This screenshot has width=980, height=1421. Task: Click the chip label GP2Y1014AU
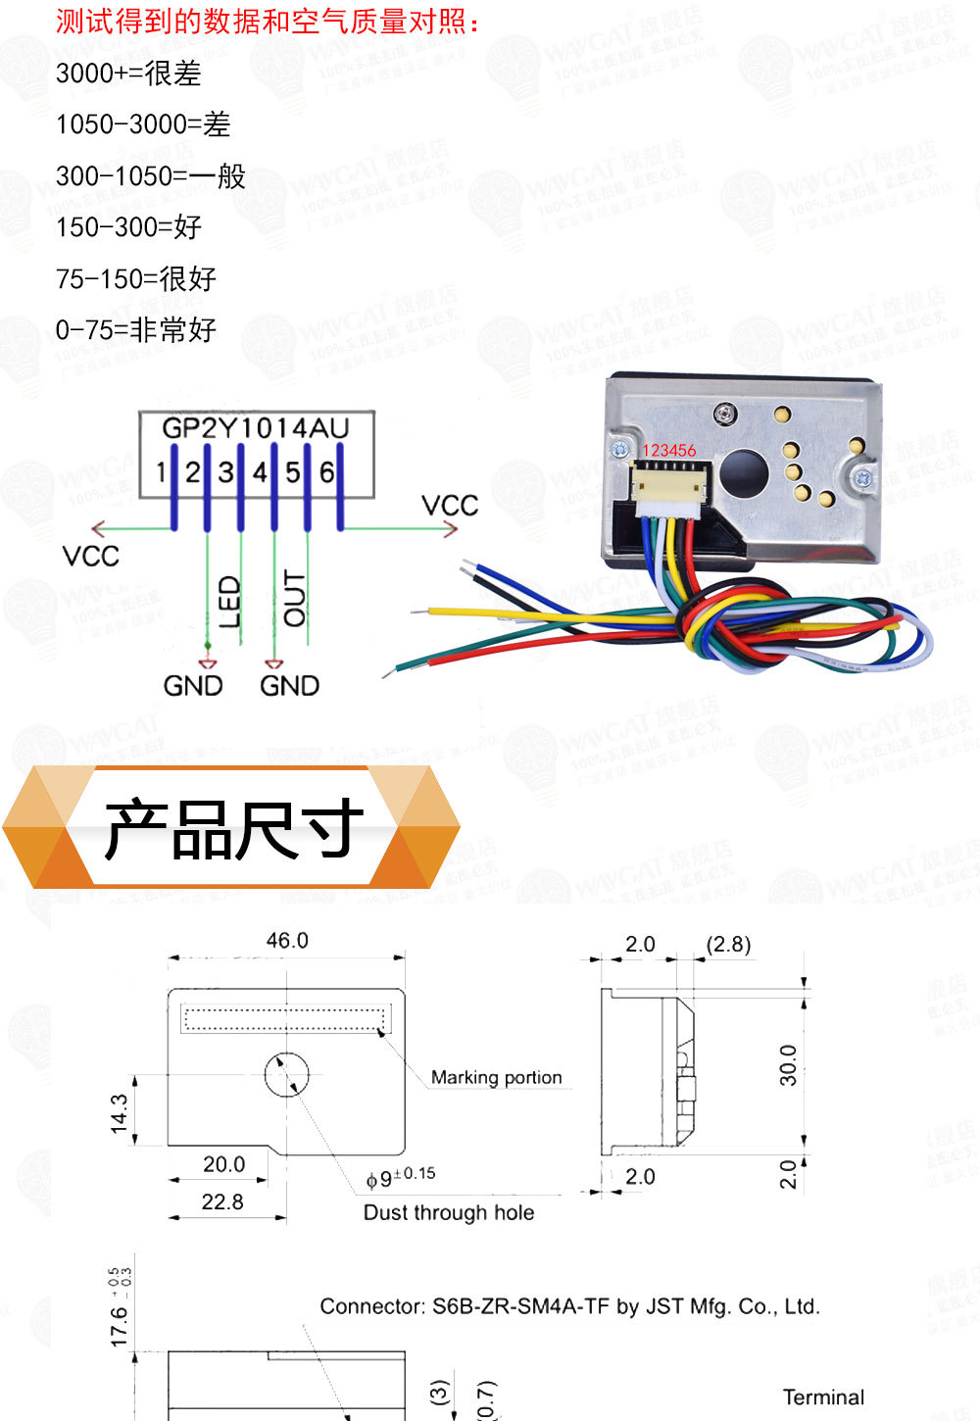[x=255, y=428]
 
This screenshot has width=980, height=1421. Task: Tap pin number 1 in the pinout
[x=162, y=472]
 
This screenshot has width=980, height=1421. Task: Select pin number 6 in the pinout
[x=327, y=472]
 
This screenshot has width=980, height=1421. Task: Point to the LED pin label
[x=228, y=602]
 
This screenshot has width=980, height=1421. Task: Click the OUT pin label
[x=294, y=598]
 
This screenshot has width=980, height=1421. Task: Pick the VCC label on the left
[x=90, y=557]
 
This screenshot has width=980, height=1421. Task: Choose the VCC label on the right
[x=450, y=506]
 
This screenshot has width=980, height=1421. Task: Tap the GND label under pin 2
[x=193, y=685]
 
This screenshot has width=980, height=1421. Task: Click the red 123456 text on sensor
[x=668, y=451]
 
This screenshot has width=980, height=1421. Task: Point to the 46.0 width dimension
[x=287, y=941]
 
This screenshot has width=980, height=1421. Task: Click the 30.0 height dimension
[x=788, y=1065]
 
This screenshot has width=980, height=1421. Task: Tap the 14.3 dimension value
[x=120, y=1114]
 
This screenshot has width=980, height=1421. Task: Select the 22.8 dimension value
[x=222, y=1202]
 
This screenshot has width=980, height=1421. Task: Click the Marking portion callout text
[x=497, y=1078]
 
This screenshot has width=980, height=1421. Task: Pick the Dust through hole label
[x=449, y=1213]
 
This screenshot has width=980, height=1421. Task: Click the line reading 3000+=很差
[x=128, y=73]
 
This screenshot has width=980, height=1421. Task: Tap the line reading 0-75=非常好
[x=136, y=330]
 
